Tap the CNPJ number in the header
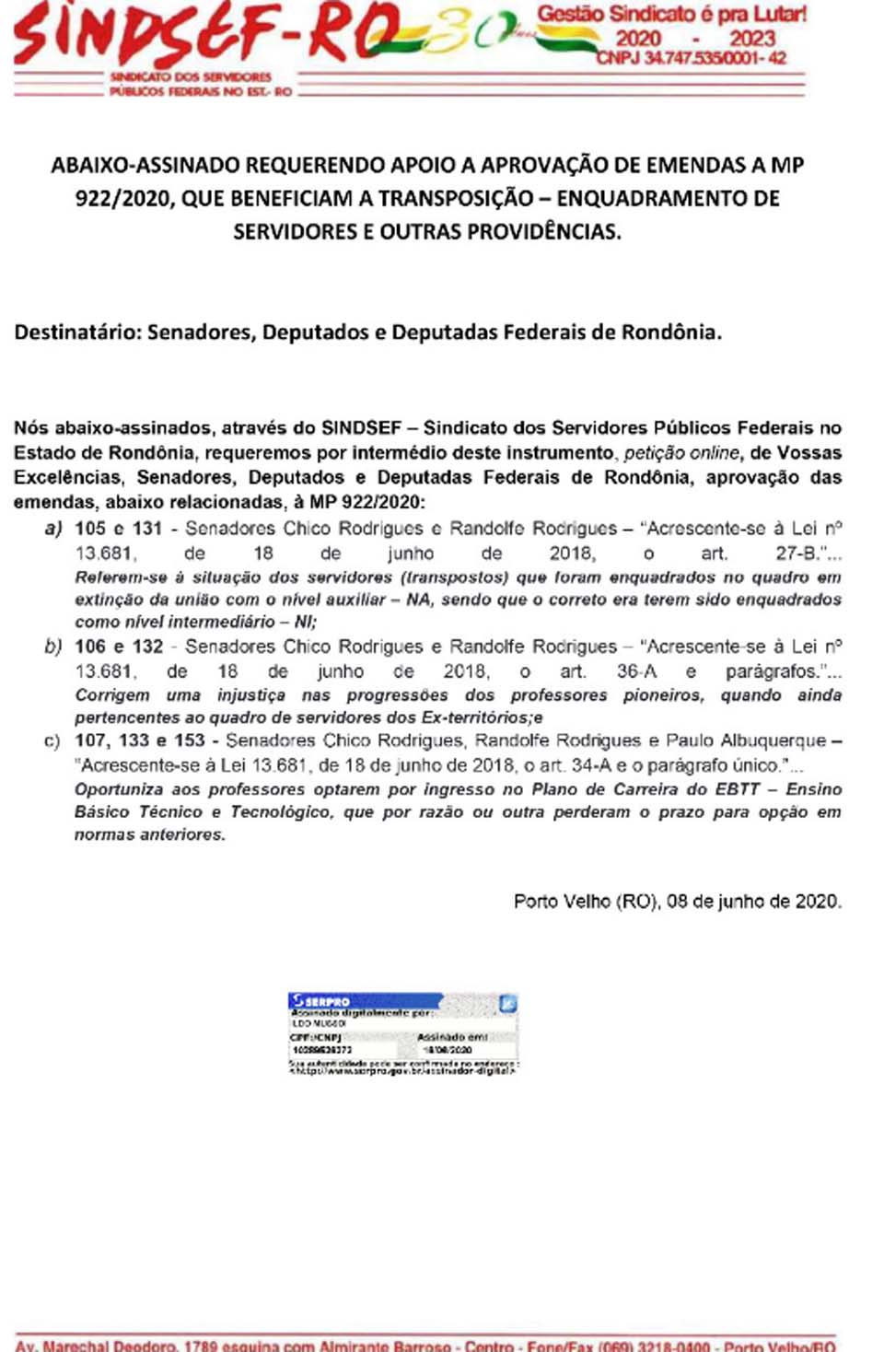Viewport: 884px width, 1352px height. point(691,58)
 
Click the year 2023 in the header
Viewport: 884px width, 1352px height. point(751,39)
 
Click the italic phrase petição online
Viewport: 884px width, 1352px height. point(681,453)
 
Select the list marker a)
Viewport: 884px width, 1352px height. point(53,529)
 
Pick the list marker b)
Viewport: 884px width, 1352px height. point(53,647)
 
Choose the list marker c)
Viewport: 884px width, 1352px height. point(52,741)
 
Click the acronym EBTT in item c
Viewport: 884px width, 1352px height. point(738,789)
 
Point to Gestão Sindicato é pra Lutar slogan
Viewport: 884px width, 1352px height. point(671,15)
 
